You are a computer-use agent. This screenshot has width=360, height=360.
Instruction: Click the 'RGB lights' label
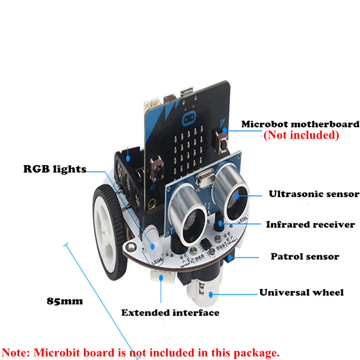(55, 169)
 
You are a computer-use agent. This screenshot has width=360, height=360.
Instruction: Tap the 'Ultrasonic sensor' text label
(314, 194)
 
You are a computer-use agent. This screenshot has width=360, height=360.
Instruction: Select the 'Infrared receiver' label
(311, 225)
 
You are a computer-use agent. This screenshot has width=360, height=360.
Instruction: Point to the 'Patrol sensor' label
(305, 256)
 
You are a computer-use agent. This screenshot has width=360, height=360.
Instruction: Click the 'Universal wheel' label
(301, 292)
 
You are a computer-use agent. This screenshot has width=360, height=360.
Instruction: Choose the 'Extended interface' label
(170, 312)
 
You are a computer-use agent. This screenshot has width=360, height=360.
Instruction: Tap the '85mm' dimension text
(65, 301)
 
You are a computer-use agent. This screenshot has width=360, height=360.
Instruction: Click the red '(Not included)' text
(301, 135)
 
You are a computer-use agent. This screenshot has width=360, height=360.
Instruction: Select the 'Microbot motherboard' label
(300, 124)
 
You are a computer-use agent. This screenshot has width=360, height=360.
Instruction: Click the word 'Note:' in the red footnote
(16, 352)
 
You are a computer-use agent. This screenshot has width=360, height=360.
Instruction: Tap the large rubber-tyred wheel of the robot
(110, 232)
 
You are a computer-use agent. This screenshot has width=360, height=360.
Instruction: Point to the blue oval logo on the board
(189, 118)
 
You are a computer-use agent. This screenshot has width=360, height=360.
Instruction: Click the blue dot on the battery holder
(128, 158)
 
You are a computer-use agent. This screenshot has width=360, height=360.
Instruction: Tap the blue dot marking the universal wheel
(211, 294)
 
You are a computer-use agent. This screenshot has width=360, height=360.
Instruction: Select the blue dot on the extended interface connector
(161, 278)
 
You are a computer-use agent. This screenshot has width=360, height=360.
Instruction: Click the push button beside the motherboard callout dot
(222, 143)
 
